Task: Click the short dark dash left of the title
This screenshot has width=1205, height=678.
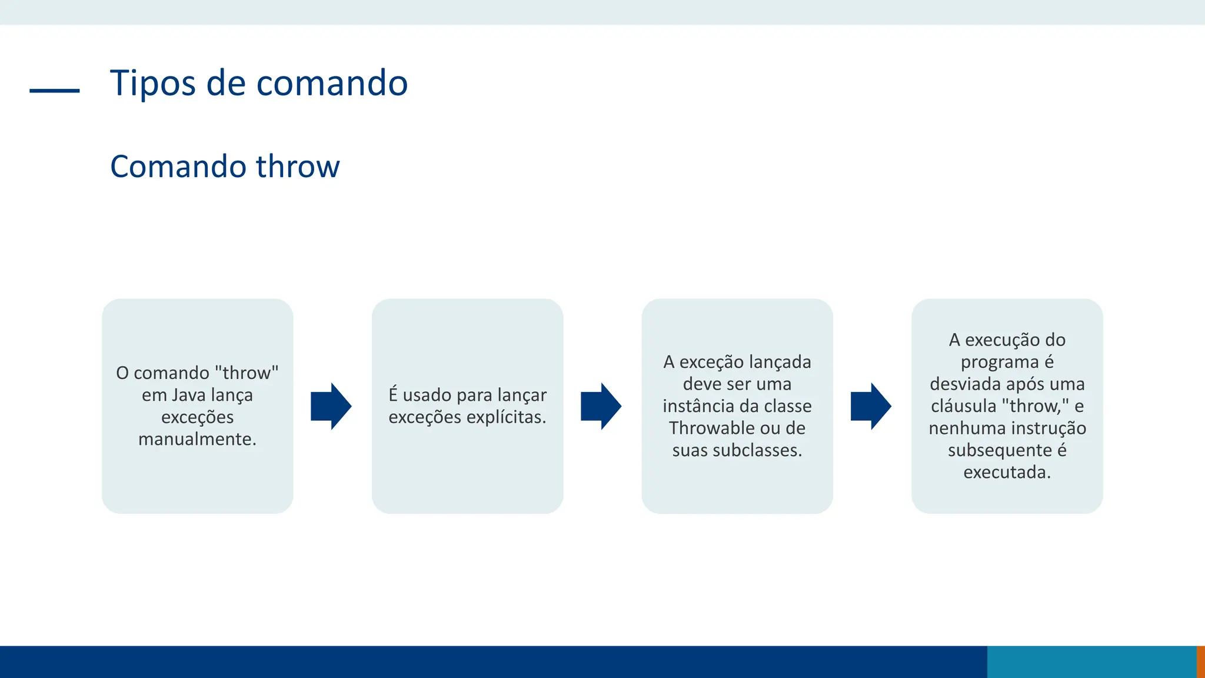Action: (x=55, y=91)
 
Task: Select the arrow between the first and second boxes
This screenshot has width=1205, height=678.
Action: (x=331, y=406)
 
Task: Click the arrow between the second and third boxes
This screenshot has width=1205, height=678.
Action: (x=601, y=406)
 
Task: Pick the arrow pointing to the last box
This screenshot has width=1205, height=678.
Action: (x=871, y=406)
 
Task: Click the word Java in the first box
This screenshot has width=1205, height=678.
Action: (x=189, y=395)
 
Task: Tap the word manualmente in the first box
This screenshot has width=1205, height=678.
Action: (x=197, y=439)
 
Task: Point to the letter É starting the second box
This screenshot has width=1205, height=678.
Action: (x=393, y=394)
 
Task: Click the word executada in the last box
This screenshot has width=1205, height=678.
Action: (x=1007, y=472)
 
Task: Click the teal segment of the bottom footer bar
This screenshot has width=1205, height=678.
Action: (x=1091, y=662)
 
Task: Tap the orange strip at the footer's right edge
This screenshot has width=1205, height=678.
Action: (x=1201, y=662)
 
